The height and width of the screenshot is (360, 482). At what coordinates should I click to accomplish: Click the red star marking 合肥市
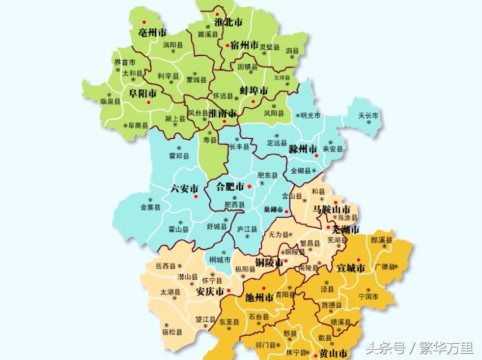click(249, 186)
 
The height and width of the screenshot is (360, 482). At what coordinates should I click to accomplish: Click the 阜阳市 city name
click(143, 93)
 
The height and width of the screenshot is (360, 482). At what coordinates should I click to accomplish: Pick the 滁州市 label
click(303, 150)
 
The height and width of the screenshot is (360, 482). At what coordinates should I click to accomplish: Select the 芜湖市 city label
click(345, 230)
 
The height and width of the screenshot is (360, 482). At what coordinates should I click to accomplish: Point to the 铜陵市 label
click(269, 262)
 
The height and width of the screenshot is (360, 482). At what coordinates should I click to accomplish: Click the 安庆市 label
click(209, 292)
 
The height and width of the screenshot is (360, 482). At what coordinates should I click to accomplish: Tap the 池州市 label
click(260, 297)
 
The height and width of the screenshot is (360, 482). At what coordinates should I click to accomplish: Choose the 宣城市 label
click(350, 268)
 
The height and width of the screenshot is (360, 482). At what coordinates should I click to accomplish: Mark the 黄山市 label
click(333, 354)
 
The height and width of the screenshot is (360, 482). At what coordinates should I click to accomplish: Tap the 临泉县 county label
click(110, 102)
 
